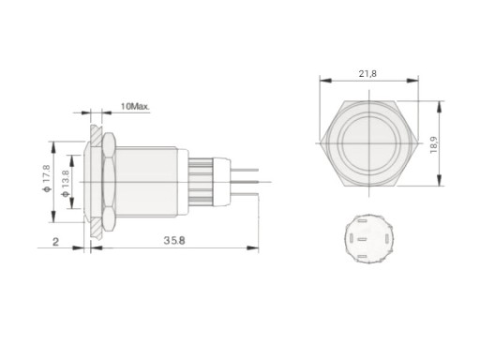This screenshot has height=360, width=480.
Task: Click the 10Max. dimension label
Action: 135,106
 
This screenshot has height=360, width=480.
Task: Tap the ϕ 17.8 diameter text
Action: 47,178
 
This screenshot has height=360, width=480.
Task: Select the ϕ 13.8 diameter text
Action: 66,184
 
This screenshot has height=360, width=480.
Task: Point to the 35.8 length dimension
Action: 174,240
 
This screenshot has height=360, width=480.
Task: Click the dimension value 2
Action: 55,242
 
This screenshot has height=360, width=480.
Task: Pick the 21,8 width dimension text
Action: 367,74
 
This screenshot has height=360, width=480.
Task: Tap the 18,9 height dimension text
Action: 434,144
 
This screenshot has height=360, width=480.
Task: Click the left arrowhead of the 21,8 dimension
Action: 325,81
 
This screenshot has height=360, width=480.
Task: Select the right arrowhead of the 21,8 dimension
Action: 412,81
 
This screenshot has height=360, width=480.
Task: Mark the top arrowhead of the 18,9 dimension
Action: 440,107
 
